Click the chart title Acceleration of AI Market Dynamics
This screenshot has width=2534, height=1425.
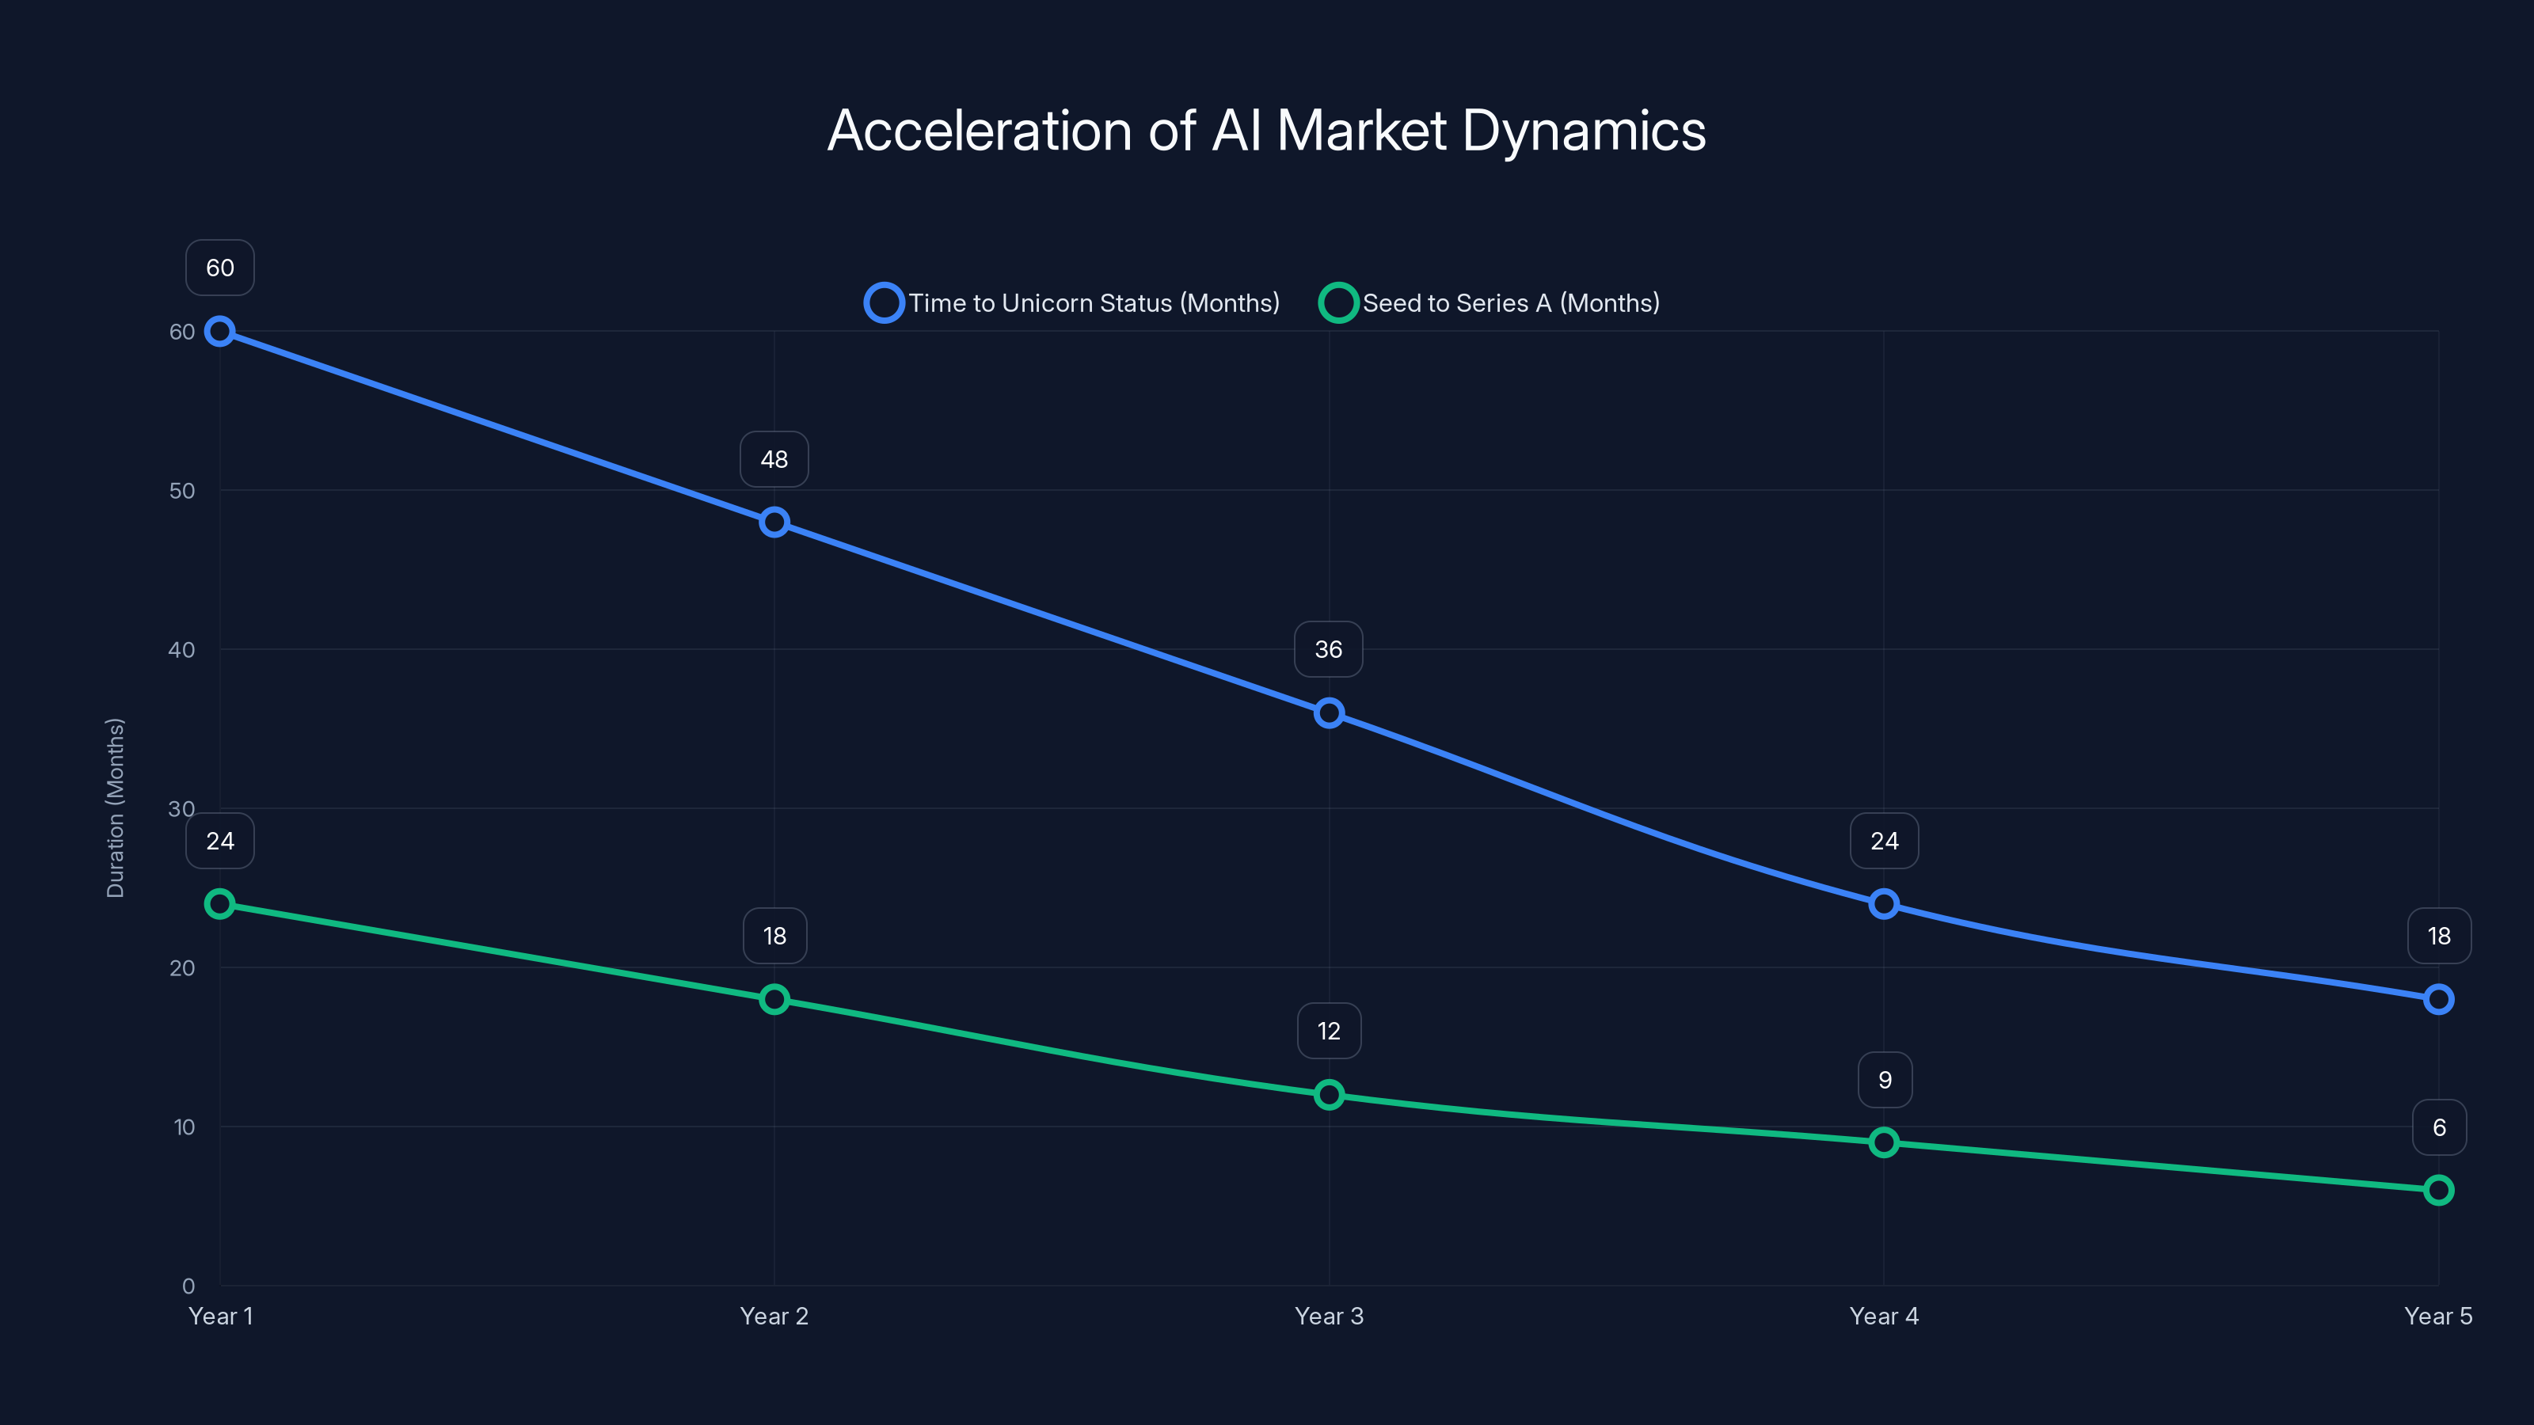click(1266, 131)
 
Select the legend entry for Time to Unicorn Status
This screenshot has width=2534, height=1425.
click(1073, 303)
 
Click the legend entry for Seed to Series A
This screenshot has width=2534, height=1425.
click(1490, 303)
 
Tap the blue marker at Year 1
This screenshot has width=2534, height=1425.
click(219, 332)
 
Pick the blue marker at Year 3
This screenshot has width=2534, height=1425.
click(1329, 713)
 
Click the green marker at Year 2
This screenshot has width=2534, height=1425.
click(774, 999)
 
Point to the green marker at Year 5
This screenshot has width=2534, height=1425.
click(2439, 1190)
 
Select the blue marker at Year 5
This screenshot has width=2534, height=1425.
click(2439, 999)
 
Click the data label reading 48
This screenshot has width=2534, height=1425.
click(774, 459)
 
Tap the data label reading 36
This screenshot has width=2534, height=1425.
click(1329, 649)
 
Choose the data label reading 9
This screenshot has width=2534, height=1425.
click(1885, 1080)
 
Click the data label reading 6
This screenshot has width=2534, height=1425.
click(2440, 1127)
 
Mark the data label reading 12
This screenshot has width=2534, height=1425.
click(1329, 1031)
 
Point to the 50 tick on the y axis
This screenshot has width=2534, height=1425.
click(182, 491)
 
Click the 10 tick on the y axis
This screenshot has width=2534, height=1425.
click(184, 1127)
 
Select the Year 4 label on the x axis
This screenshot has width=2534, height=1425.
click(1884, 1316)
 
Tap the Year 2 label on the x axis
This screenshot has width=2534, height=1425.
click(774, 1316)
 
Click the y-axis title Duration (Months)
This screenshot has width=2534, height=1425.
click(115, 807)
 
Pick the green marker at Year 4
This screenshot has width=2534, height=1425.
click(1884, 1142)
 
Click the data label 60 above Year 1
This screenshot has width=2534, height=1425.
click(219, 268)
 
